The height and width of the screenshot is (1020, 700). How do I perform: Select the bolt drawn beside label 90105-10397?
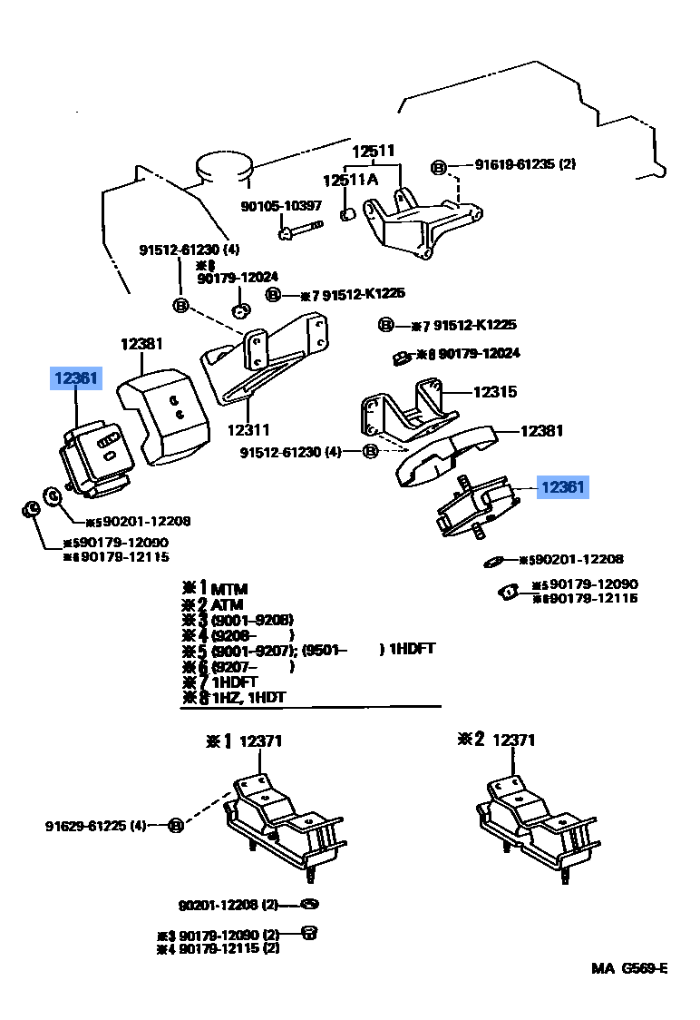click(300, 230)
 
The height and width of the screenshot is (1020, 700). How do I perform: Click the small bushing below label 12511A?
click(346, 214)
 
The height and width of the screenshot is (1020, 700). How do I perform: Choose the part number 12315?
click(494, 392)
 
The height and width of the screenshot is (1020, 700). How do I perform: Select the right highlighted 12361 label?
click(562, 487)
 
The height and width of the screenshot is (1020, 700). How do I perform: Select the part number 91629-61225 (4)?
click(95, 826)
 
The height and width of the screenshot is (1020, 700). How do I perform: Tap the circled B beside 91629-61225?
click(176, 825)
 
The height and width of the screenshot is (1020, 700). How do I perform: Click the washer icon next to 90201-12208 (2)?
click(309, 904)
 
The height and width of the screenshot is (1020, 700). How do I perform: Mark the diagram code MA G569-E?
click(629, 968)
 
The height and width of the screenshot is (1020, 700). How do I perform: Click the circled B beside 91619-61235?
click(438, 166)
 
